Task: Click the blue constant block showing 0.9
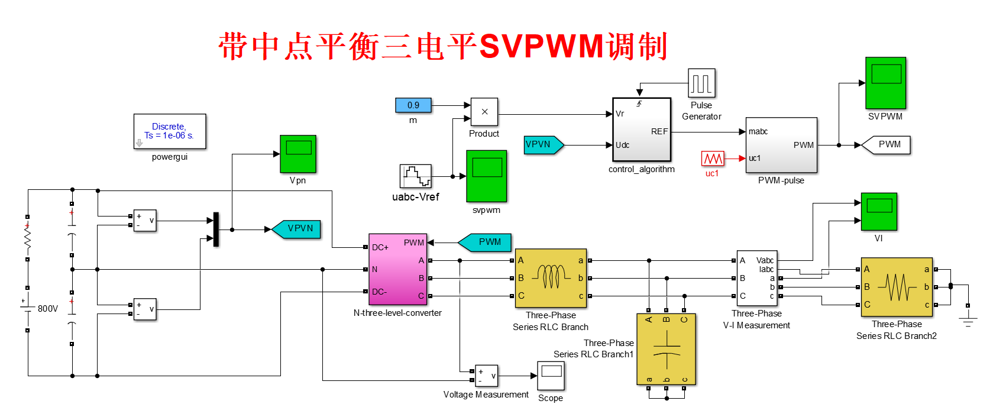click(413, 105)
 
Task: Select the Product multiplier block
click(484, 112)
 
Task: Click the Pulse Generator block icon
click(701, 83)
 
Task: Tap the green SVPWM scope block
click(885, 83)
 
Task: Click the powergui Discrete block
click(170, 131)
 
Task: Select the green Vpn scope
click(297, 154)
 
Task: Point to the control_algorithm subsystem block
click(642, 130)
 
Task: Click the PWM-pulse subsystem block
click(781, 145)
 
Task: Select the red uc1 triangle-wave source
click(712, 159)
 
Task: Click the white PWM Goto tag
click(887, 145)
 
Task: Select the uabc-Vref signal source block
click(415, 176)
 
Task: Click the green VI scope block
click(879, 211)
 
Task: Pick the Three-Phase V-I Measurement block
click(756, 278)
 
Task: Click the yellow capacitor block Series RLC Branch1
click(666, 350)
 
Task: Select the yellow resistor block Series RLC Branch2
click(896, 287)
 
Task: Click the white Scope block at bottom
click(551, 376)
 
